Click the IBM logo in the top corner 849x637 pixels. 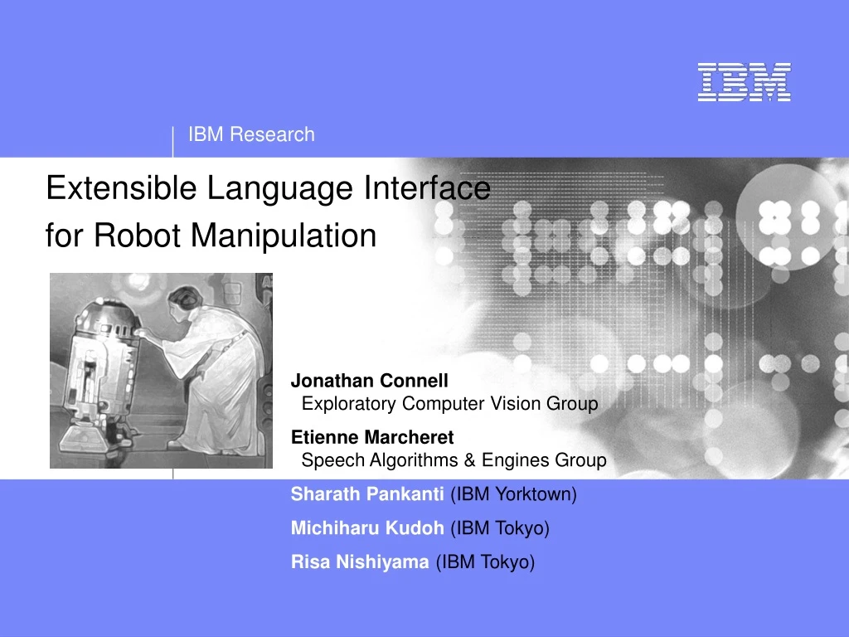coord(744,82)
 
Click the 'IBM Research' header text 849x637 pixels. coord(251,134)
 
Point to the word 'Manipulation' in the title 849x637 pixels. coord(284,236)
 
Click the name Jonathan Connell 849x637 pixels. coord(369,381)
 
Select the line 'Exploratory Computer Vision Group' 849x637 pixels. coord(449,404)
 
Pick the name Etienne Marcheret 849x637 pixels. coord(372,437)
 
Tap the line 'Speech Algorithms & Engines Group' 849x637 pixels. coord(454,460)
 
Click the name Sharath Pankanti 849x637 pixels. coord(367,494)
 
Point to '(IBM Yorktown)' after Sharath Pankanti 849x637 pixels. coord(513,494)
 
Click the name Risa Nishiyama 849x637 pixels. coord(360,562)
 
